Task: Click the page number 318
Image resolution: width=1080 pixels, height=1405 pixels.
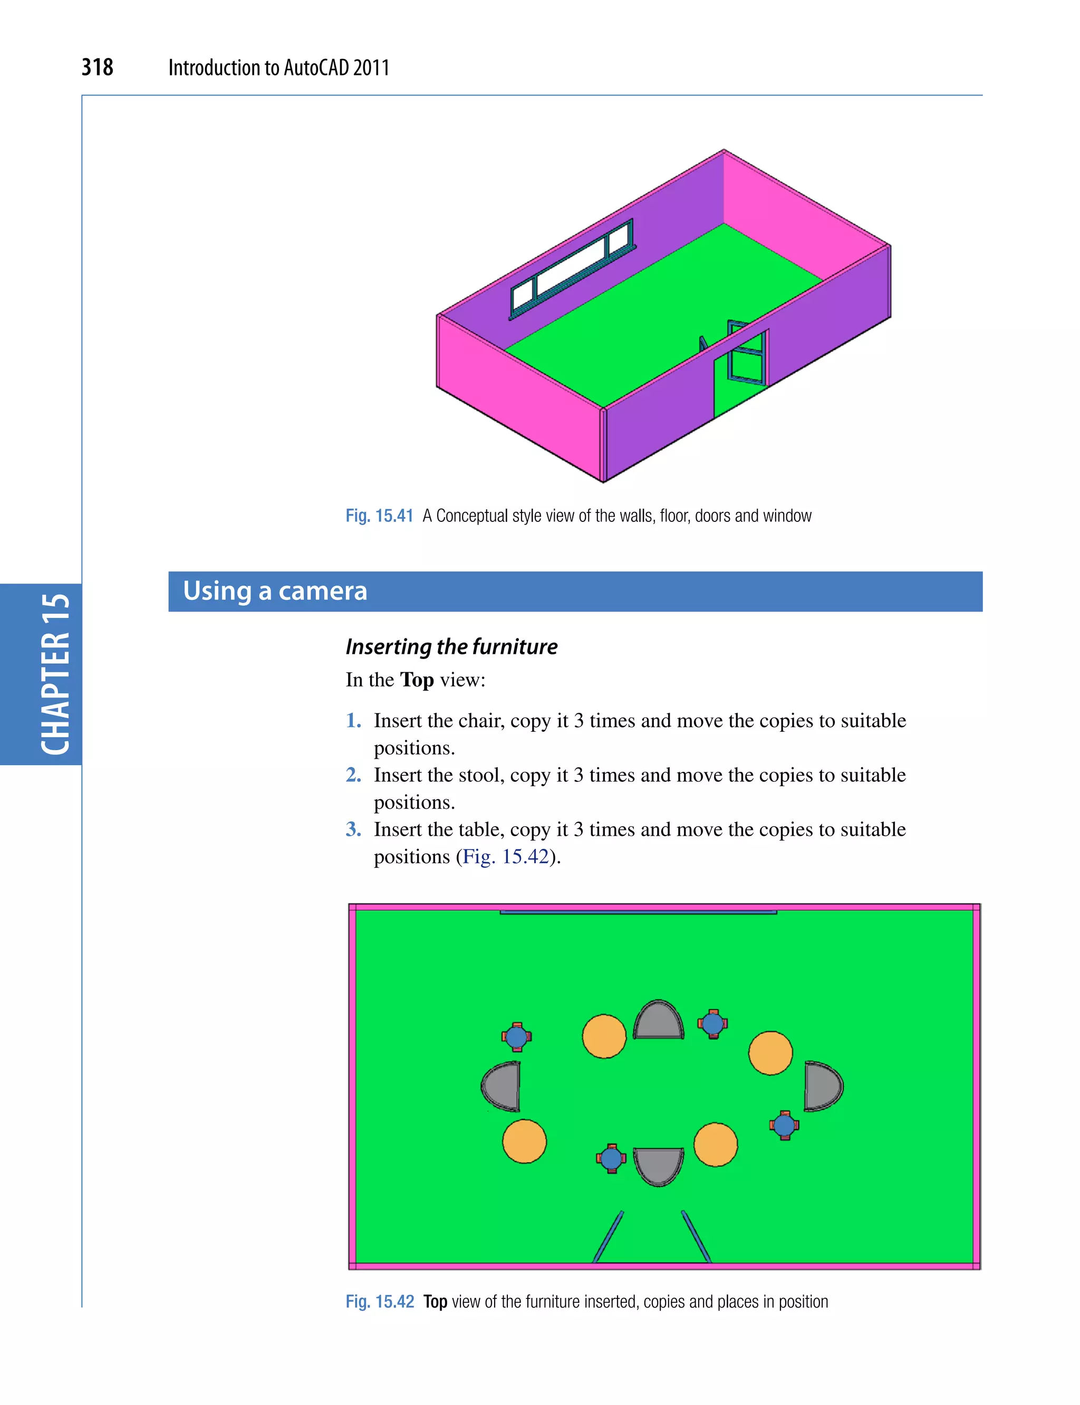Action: pos(97,67)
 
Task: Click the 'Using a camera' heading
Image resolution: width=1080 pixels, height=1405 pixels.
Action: pos(275,590)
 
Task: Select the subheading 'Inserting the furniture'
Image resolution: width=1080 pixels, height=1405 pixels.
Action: pos(451,646)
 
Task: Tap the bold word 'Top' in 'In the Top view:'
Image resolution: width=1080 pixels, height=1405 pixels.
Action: pos(417,680)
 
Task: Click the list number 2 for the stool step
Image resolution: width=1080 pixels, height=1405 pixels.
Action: pos(353,774)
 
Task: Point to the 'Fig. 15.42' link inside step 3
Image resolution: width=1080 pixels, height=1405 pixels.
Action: pos(505,856)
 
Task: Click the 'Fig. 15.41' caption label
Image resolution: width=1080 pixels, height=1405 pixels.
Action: pos(379,516)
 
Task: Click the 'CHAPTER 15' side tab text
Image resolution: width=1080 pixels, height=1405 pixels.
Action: pos(55,674)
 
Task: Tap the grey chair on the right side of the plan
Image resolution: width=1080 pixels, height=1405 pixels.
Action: pos(822,1086)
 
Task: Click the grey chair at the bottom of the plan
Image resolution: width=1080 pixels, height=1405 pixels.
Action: pos(658,1165)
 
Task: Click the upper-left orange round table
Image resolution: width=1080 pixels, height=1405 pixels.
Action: pos(604,1036)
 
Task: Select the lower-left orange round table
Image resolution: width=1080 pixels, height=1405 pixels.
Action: pos(524,1141)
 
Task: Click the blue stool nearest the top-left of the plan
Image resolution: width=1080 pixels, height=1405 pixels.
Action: pos(516,1036)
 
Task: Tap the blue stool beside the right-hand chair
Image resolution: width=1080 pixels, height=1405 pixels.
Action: pos(784,1126)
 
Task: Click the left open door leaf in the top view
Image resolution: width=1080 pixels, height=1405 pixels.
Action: pos(608,1237)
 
